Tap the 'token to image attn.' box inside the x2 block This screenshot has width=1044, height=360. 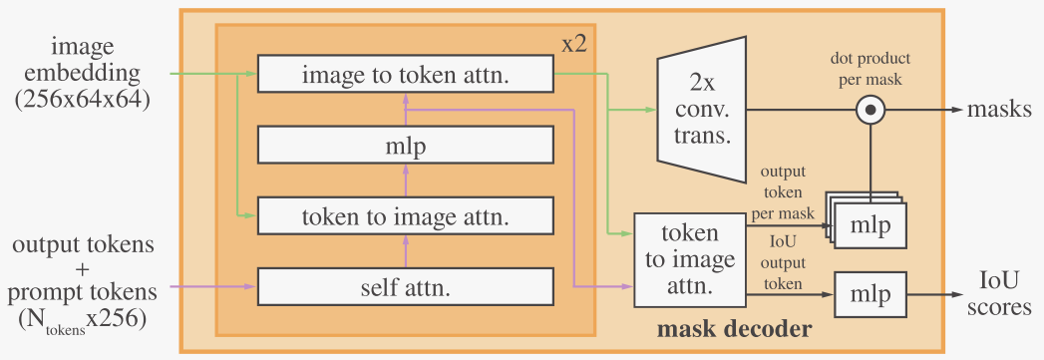click(x=405, y=215)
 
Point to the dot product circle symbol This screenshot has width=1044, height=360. click(x=871, y=109)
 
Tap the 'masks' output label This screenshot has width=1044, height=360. click(x=999, y=109)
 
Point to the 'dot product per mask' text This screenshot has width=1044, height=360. click(x=870, y=68)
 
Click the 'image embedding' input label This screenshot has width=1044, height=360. click(x=93, y=60)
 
